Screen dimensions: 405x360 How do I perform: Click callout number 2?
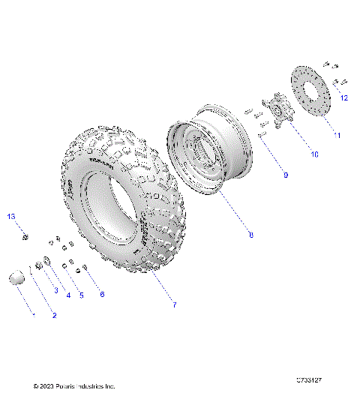click(54, 315)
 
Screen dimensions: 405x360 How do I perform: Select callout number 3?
click(55, 289)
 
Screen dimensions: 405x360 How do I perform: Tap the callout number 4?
click(67, 295)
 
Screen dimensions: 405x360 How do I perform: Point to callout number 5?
click(81, 295)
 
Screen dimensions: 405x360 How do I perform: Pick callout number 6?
click(102, 294)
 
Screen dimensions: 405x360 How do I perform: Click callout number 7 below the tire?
click(175, 305)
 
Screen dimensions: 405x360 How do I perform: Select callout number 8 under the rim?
click(250, 235)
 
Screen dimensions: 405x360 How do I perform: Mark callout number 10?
click(314, 154)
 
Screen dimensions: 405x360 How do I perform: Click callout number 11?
click(337, 135)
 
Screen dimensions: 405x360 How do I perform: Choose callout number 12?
click(344, 97)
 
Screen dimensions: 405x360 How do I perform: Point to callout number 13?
click(11, 216)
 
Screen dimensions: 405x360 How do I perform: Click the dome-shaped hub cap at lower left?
click(16, 279)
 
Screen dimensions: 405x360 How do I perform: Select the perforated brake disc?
click(310, 92)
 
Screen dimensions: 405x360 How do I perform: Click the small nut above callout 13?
click(25, 238)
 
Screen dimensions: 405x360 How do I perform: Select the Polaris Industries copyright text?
click(74, 386)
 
